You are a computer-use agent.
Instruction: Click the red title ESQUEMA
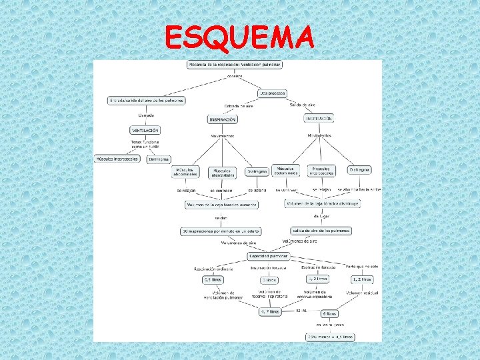coord(239,38)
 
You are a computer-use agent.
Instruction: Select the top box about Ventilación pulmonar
coord(235,65)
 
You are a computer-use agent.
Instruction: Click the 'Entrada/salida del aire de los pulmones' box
coord(147,101)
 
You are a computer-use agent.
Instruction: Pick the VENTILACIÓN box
coord(145,130)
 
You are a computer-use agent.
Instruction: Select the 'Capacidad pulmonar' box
coord(269,256)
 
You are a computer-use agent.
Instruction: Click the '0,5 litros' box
coord(213,280)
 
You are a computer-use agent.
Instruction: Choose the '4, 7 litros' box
coord(269,311)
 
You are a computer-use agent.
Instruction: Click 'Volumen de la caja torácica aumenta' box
coord(221,205)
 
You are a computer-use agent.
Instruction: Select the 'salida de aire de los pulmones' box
coord(321,231)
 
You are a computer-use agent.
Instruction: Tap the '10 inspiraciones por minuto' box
coord(220,231)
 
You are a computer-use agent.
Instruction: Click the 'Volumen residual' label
coord(362,293)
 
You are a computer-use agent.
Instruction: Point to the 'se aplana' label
coord(258,190)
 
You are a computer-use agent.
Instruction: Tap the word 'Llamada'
coord(146,115)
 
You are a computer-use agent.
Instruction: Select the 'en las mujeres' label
coord(330,325)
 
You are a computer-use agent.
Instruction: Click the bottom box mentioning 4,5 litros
coord(329,337)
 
